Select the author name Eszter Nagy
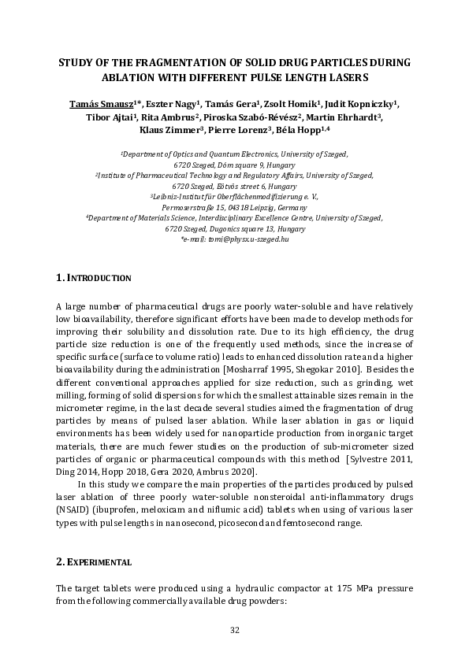(174, 103)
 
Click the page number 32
(234, 629)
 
